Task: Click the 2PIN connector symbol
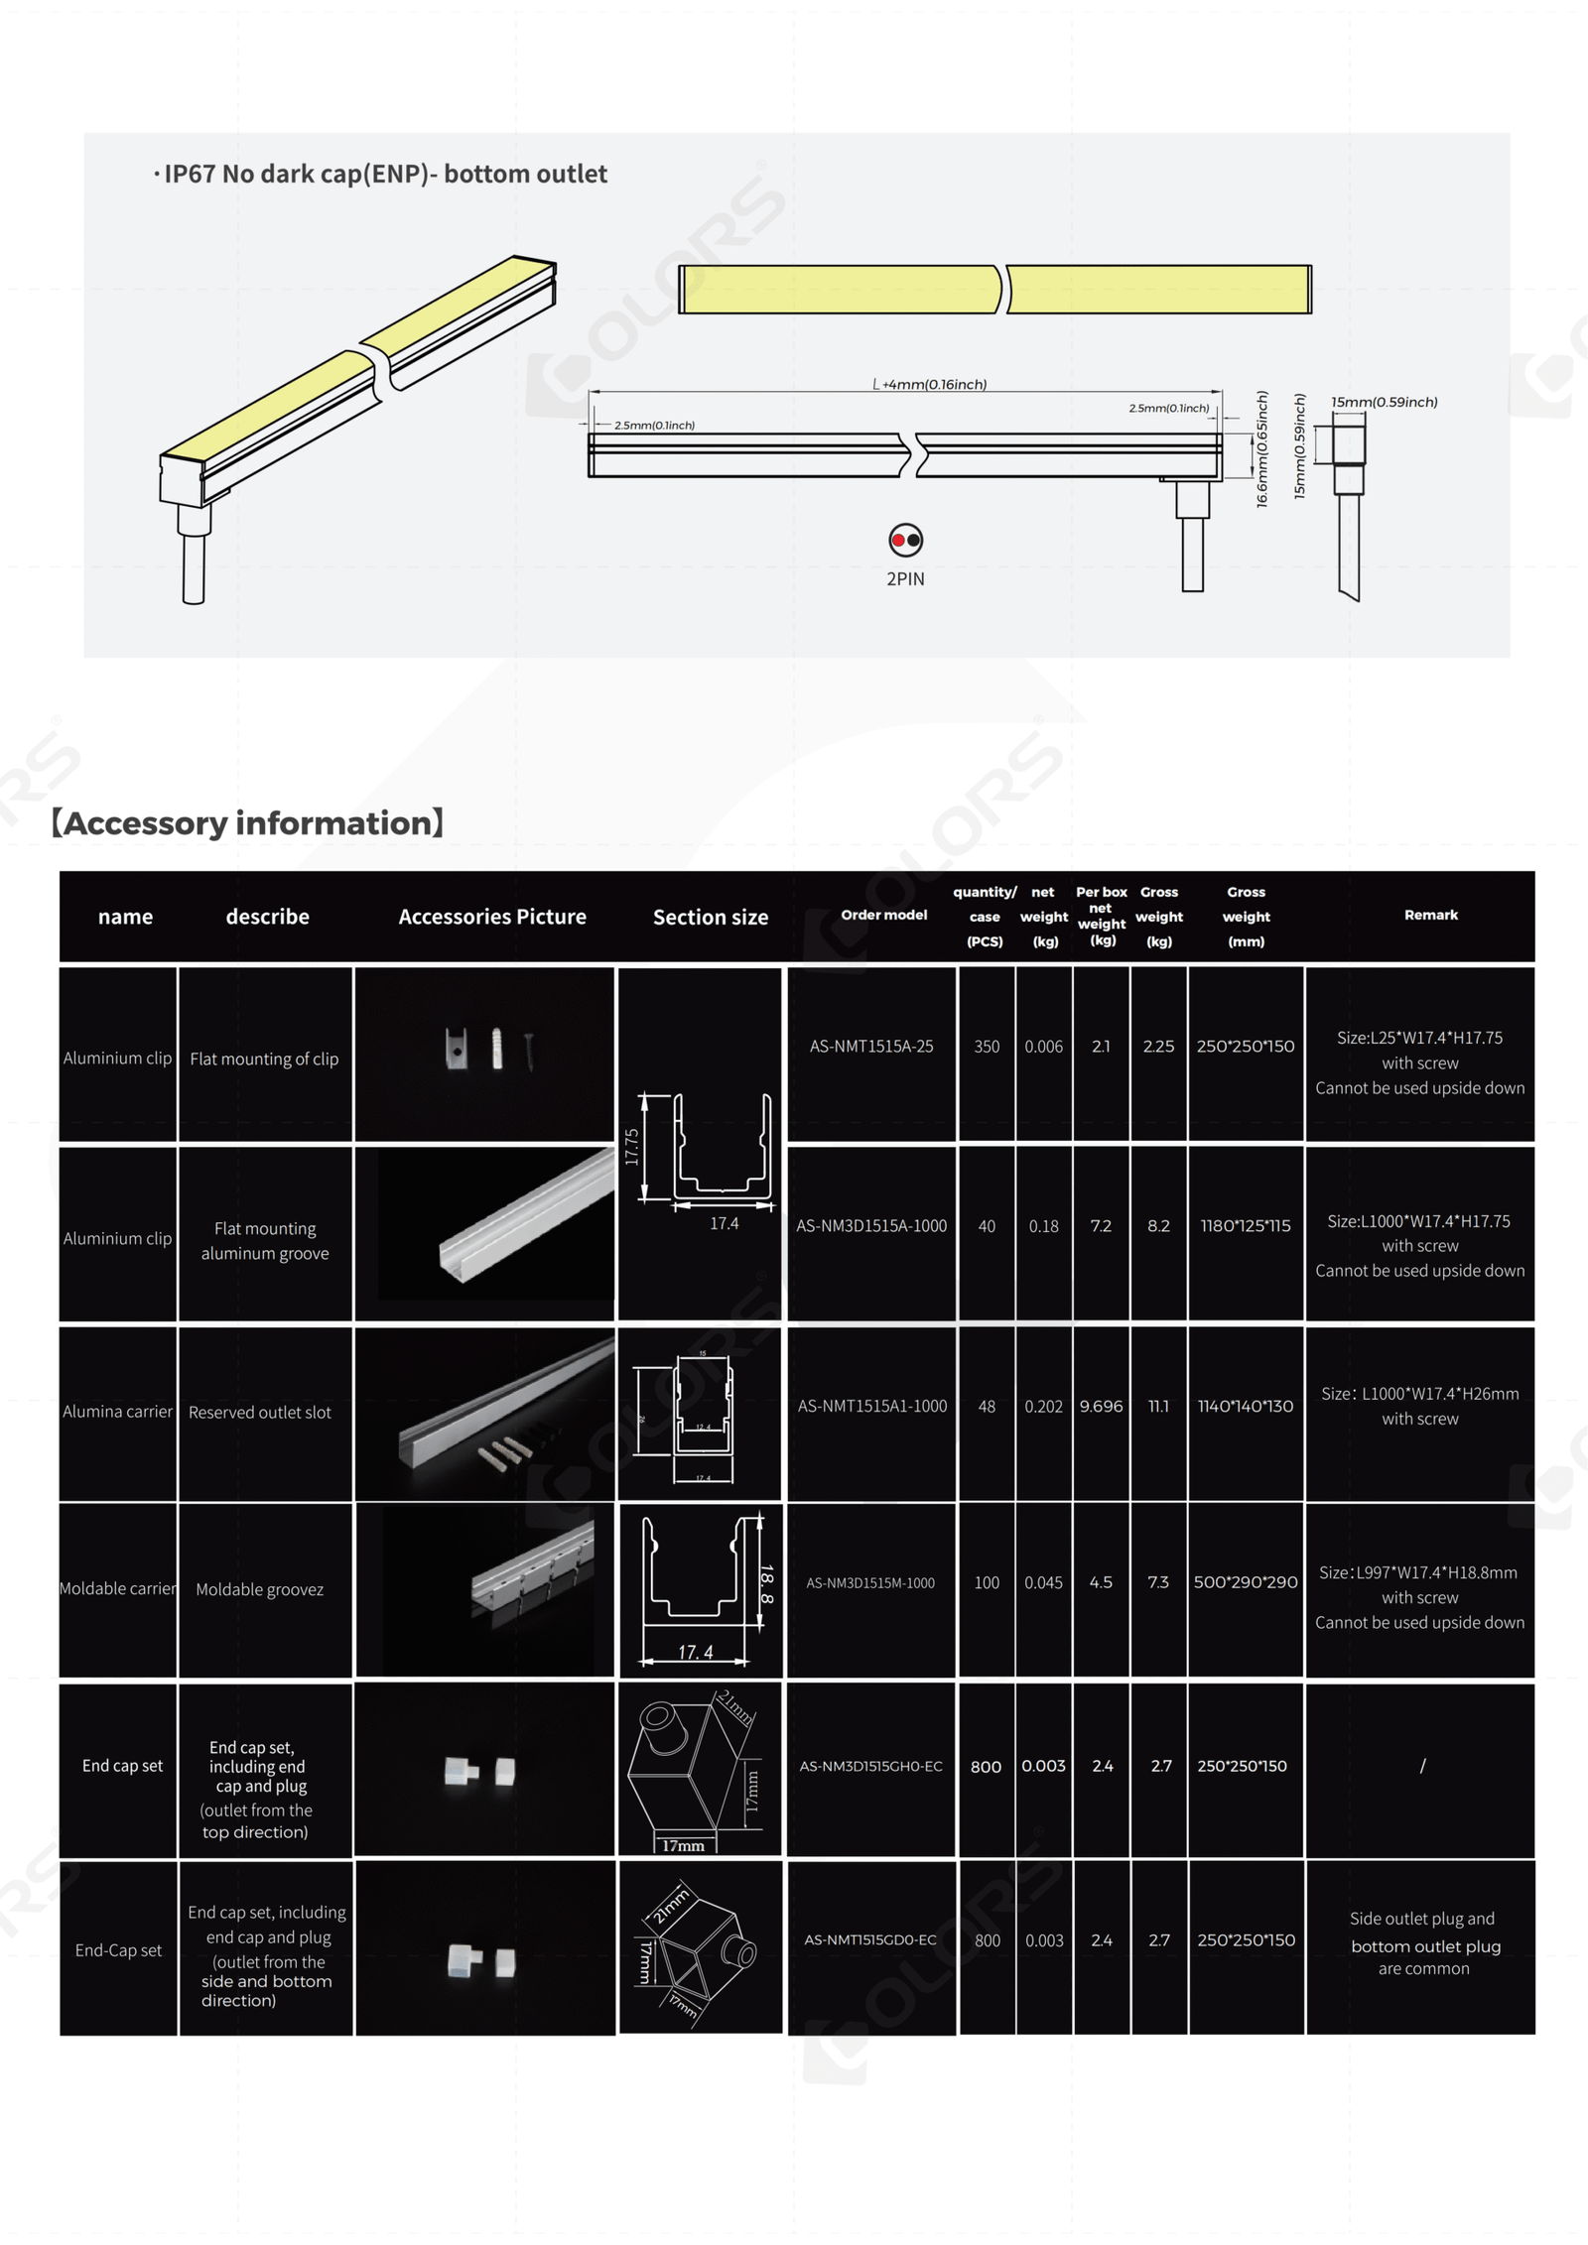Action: [905, 541]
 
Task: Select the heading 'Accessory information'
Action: [247, 823]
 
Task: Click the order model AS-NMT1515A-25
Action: [871, 1047]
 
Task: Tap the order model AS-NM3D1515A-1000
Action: [871, 1226]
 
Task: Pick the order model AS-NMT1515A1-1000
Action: [871, 1406]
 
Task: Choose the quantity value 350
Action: [987, 1047]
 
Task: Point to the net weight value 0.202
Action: [1043, 1407]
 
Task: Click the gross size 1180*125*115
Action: [1246, 1226]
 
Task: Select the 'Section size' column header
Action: [711, 918]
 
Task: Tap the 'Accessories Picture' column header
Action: [492, 917]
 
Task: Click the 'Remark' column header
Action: [1430, 915]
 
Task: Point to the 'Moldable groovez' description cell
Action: [260, 1589]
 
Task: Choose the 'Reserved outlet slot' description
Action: [260, 1413]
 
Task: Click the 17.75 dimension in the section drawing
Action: [632, 1147]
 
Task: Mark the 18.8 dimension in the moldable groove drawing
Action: [766, 1584]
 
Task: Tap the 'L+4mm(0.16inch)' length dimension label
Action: [929, 385]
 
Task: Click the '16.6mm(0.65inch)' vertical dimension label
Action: [1262, 448]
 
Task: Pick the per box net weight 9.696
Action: [1101, 1407]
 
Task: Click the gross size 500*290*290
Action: [1246, 1582]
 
